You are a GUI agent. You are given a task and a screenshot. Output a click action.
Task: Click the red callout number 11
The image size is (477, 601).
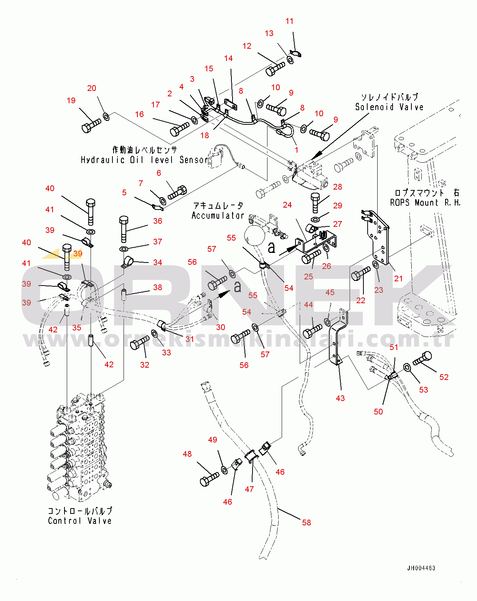click(289, 21)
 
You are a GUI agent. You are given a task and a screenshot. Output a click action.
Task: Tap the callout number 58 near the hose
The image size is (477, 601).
click(306, 522)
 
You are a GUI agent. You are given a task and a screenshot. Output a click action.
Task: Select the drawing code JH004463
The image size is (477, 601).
click(421, 568)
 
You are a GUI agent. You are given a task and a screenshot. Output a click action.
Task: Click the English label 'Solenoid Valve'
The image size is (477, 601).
click(389, 107)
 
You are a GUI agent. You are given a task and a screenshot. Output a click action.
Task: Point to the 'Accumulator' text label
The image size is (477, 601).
click(218, 216)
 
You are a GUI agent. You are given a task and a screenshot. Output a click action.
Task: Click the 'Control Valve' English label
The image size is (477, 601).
click(80, 521)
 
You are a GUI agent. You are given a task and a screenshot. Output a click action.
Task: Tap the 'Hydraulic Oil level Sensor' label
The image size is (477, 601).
click(144, 160)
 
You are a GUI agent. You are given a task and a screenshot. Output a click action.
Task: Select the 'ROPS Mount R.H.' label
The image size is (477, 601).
click(425, 203)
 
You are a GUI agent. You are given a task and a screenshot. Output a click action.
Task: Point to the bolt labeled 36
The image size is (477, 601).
click(124, 228)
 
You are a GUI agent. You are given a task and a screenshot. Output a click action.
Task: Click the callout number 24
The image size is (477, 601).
click(287, 205)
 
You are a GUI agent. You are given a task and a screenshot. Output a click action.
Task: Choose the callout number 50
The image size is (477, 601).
click(378, 411)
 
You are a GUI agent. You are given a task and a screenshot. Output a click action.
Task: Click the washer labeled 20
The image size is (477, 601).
click(107, 116)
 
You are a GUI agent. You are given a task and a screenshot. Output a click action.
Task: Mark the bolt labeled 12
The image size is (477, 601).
click(275, 69)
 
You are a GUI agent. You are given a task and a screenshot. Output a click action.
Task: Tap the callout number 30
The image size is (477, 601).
click(220, 327)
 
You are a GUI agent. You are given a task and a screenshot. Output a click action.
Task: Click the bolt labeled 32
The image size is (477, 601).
click(140, 342)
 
